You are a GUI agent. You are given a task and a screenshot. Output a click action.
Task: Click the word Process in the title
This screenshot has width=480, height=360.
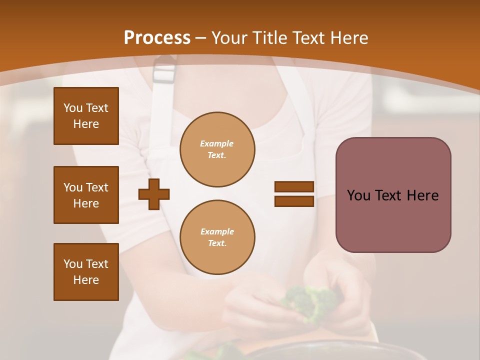click(157, 38)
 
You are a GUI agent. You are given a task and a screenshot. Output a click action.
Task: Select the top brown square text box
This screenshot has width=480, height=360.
click(86, 116)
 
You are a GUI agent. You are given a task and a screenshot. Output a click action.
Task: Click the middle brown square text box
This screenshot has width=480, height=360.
click(86, 195)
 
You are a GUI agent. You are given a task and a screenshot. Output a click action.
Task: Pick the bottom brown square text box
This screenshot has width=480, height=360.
click(86, 272)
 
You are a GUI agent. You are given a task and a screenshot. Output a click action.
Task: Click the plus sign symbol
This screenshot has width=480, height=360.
click(154, 194)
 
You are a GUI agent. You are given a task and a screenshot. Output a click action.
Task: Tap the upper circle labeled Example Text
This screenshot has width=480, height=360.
click(217, 149)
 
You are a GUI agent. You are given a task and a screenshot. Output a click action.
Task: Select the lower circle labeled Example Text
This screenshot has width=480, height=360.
click(217, 237)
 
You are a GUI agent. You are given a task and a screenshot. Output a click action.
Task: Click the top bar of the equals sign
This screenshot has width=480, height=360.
click(294, 187)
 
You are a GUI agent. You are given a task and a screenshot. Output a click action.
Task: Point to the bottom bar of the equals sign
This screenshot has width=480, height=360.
click(294, 201)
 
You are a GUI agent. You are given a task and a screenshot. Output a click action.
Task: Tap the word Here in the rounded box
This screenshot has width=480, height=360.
click(422, 195)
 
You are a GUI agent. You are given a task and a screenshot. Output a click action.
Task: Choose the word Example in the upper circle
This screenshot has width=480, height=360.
click(217, 143)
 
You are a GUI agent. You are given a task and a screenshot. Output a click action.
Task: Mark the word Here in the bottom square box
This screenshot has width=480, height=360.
click(86, 280)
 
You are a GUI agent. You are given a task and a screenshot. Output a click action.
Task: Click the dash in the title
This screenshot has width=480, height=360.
click(201, 38)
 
